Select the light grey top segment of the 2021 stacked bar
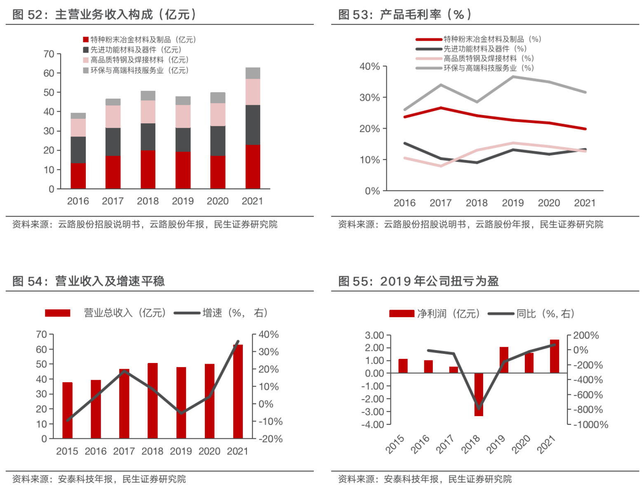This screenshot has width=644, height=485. tap(253, 73)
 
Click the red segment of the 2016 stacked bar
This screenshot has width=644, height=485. tap(78, 176)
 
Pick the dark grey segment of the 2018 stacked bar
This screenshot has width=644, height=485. tap(148, 137)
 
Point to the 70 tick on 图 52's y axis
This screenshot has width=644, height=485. tap(49, 54)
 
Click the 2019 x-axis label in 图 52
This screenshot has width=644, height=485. tap(183, 201)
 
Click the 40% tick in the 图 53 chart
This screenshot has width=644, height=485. tap(369, 66)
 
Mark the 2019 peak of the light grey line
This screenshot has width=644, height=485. tap(513, 76)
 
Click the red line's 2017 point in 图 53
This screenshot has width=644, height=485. tap(441, 108)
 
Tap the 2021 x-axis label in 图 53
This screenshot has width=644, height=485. tap(585, 203)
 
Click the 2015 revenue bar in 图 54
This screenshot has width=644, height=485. tap(67, 410)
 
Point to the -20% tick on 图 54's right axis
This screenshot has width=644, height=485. tap(270, 439)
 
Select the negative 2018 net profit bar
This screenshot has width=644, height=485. tap(479, 394)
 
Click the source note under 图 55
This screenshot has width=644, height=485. tap(425, 479)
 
